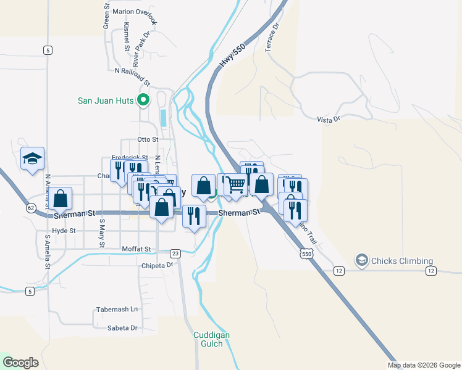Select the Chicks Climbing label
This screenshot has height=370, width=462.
(402, 261)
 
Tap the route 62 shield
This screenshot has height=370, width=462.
(30, 208)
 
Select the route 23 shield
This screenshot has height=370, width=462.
(175, 253)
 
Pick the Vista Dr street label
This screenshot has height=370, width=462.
(328, 119)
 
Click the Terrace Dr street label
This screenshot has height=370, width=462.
(272, 38)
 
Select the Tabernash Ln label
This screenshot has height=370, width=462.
(117, 309)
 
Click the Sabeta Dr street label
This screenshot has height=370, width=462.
(122, 328)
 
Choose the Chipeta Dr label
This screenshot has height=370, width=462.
(158, 265)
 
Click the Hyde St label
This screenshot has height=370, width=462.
(64, 231)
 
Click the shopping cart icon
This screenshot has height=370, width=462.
(235, 184)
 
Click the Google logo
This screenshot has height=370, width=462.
(20, 363)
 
